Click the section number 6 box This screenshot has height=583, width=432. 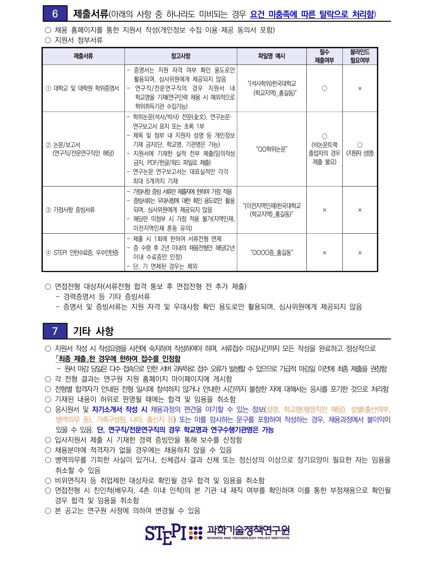(55, 14)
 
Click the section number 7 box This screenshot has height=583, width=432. (55, 331)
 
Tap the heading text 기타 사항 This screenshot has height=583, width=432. (93, 331)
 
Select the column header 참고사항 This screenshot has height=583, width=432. (180, 56)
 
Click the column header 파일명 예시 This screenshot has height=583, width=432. (272, 56)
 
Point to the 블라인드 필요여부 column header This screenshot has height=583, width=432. (359, 56)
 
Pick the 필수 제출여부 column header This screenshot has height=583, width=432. (324, 56)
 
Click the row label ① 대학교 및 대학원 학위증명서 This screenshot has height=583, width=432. (82, 89)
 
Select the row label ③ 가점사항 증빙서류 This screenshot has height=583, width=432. (70, 210)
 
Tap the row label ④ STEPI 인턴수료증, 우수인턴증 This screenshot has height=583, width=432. (82, 253)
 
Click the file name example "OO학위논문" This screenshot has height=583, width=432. (272, 149)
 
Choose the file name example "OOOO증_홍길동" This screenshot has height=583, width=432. (272, 253)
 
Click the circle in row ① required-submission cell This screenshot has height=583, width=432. (325, 89)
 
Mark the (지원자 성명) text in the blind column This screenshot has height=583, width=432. (360, 153)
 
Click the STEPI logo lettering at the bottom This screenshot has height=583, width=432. (165, 534)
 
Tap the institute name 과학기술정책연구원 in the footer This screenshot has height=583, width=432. (248, 530)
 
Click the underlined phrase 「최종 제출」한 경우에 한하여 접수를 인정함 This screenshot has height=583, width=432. (118, 358)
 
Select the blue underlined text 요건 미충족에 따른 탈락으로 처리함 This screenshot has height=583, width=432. (312, 14)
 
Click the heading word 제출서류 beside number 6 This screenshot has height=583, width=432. (90, 14)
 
